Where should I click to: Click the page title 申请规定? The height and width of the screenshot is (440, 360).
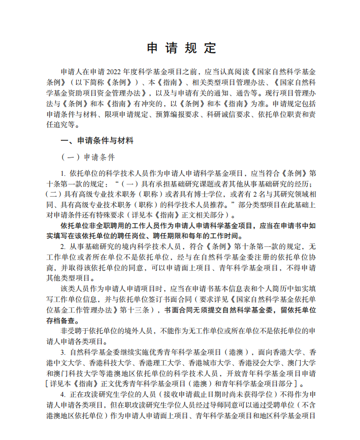tap(181, 48)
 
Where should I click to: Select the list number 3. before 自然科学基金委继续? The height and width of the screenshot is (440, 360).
tap(63, 352)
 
